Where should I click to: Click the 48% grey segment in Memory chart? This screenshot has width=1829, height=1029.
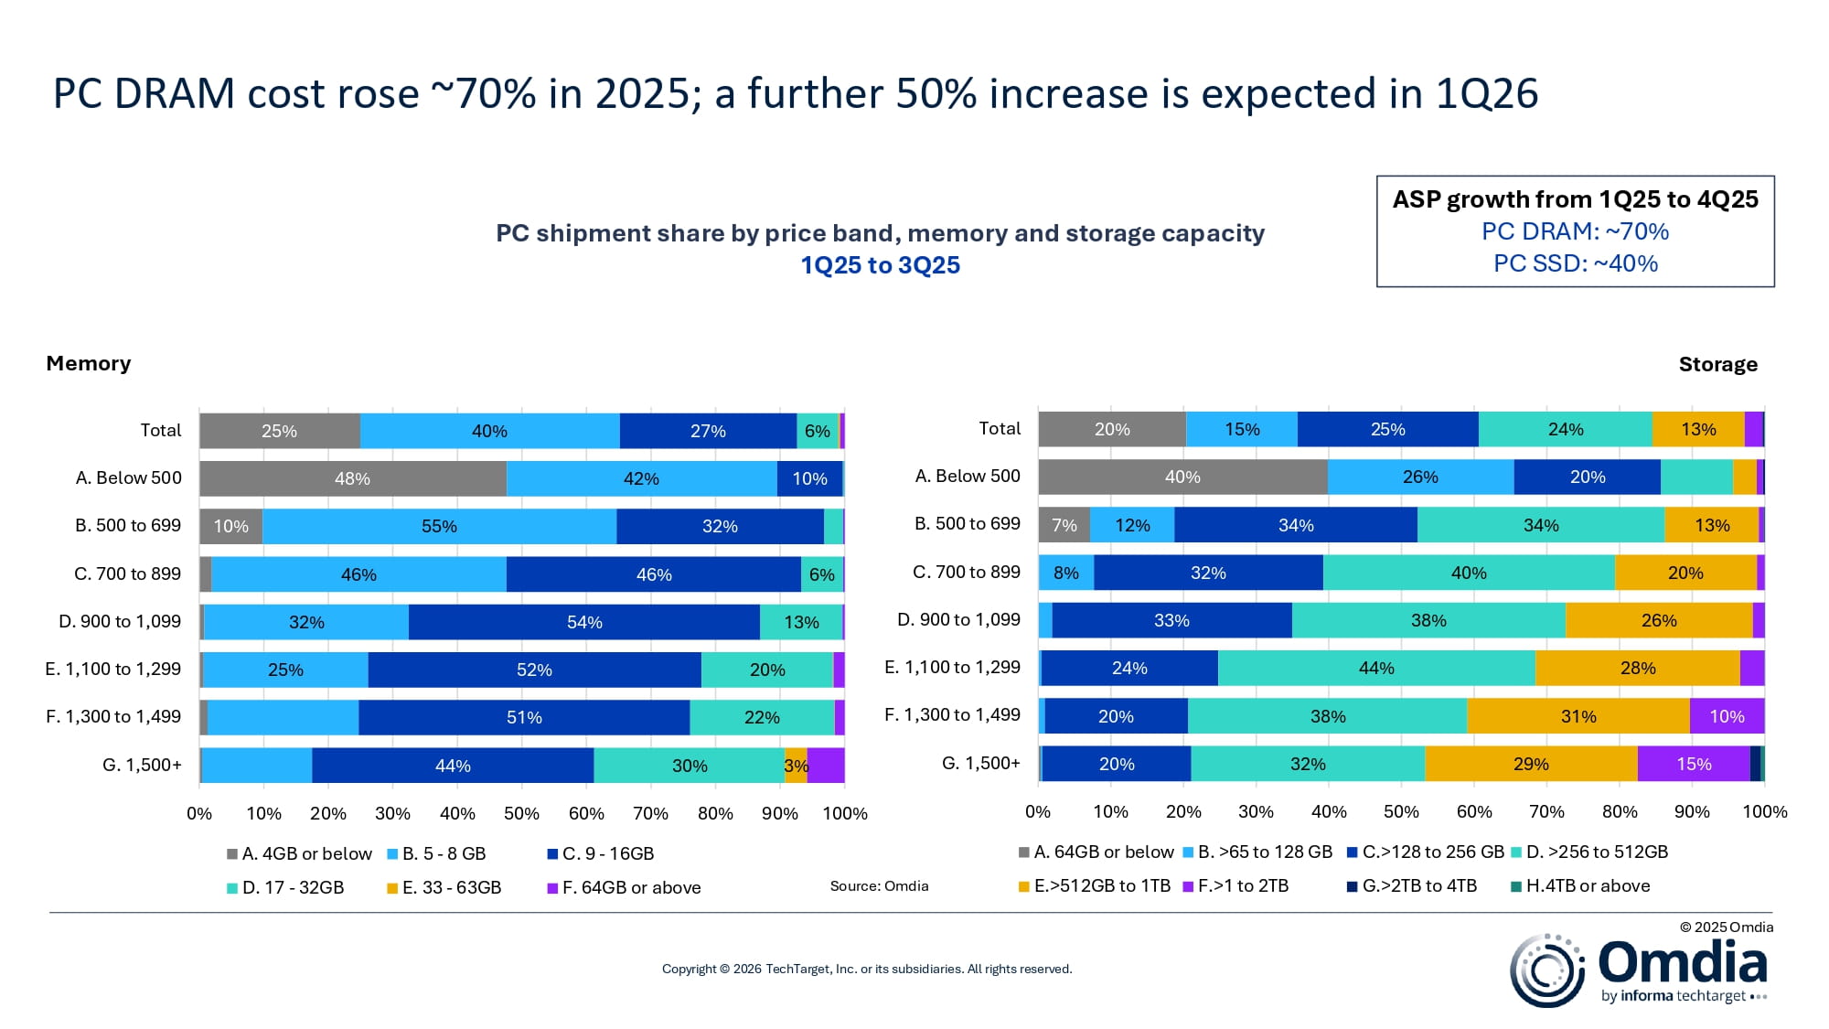pos(353,478)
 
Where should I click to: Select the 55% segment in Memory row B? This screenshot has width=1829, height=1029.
pos(439,526)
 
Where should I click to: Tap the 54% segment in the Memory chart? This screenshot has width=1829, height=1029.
pos(584,622)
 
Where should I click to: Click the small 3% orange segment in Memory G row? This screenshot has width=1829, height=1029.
pos(796,766)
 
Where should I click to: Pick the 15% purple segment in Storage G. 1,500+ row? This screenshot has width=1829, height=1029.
pos(1694,764)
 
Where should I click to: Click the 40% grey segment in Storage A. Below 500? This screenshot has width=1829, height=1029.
pos(1182,477)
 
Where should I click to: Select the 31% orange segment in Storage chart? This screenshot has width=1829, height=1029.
pos(1578,716)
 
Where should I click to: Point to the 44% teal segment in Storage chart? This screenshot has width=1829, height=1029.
pos(1376,668)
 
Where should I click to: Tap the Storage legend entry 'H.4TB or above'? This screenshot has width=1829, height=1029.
pos(1588,885)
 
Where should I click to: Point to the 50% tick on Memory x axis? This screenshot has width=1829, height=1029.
pos(521,813)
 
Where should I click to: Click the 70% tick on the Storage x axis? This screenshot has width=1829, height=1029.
pos(1546,811)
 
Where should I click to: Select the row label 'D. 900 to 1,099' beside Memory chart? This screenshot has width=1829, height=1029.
pos(120,621)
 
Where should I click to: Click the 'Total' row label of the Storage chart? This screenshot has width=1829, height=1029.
pos(1000,428)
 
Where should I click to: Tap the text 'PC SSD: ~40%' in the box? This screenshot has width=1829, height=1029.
pos(1575,263)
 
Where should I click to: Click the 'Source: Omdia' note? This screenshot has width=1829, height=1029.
pos(879,885)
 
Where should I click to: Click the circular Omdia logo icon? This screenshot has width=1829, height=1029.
pos(1546,970)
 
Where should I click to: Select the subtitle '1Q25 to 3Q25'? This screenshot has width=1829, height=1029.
pos(880,265)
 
